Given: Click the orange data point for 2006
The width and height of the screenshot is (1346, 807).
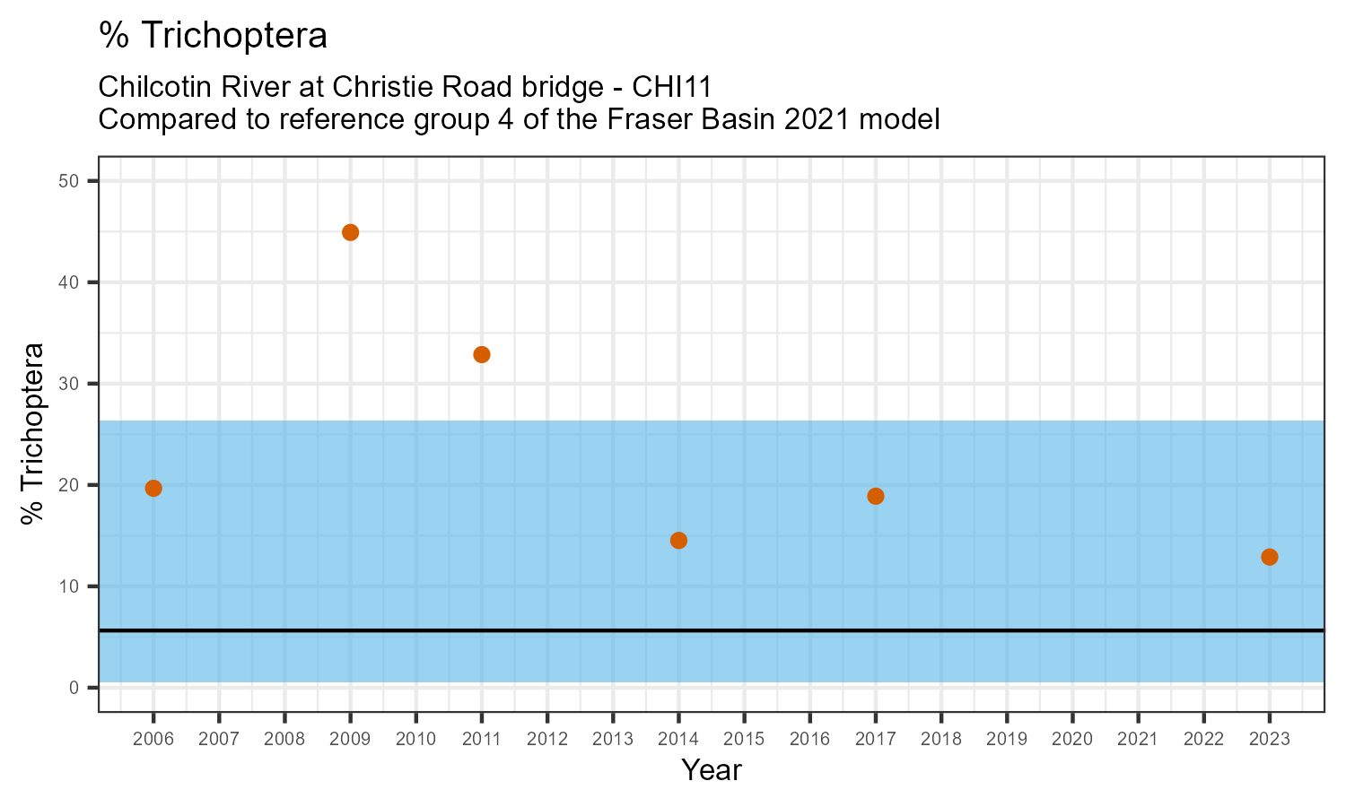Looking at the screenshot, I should (153, 488).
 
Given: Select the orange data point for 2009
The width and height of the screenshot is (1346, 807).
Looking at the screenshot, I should (351, 232).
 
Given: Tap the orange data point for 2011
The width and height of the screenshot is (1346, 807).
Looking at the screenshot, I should (482, 354).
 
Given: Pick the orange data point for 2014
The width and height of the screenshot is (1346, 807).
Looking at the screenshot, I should (678, 540).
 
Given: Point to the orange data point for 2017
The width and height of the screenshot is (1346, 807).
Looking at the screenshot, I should (876, 496).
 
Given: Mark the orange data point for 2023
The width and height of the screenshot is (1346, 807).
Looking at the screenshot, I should (1269, 557).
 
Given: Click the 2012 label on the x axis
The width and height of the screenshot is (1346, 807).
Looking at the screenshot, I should (547, 740).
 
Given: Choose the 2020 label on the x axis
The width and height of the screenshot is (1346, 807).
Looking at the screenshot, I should (1072, 740).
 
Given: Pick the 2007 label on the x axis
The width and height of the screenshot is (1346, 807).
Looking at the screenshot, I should (219, 740).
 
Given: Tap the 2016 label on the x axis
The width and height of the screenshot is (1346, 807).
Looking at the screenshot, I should (809, 740).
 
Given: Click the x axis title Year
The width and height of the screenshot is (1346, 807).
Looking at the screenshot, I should (711, 770).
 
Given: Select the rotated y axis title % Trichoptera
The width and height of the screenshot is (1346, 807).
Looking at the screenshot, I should (33, 434).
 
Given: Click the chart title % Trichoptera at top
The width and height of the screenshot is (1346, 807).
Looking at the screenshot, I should (213, 36).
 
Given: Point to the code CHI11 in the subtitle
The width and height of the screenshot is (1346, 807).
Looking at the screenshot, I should (672, 87).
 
